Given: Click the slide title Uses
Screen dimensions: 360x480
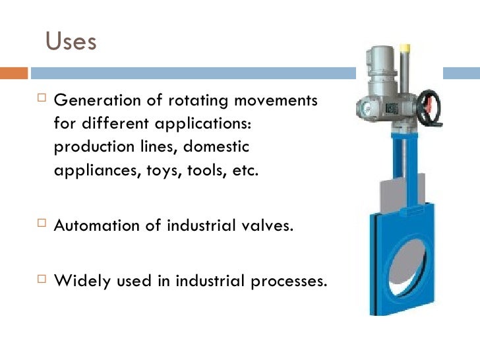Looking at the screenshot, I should [x=71, y=42].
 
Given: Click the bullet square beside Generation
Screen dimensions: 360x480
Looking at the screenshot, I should [x=38, y=102].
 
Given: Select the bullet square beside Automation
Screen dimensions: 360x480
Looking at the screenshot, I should [x=38, y=225].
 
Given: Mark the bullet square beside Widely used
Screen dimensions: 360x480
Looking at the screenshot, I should [x=38, y=280].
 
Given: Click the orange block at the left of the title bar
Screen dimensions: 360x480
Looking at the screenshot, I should [x=13, y=73].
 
